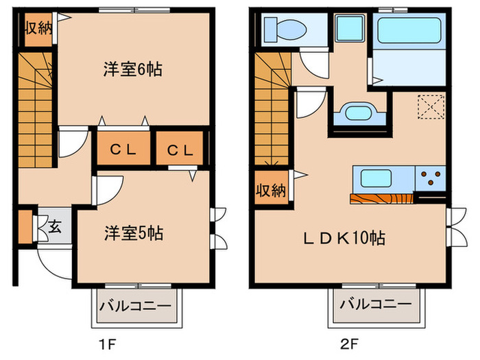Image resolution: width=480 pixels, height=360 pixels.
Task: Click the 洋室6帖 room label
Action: pyautogui.click(x=132, y=69)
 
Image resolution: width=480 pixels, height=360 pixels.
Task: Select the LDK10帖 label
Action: pyautogui.click(x=344, y=238)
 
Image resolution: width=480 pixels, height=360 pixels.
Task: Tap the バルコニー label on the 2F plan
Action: pyautogui.click(x=374, y=304)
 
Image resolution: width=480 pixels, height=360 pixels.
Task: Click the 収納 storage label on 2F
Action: pyautogui.click(x=271, y=191)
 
